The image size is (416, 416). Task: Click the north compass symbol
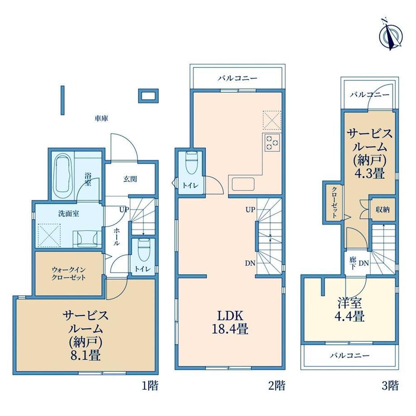tap(391, 35)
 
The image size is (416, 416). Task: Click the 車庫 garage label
tap(102, 118)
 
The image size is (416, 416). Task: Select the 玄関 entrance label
tap(130, 179)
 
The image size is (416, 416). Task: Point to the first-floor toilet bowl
tap(144, 250)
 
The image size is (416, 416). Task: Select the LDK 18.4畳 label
tap(230, 322)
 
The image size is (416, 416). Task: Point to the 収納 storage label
tap(383, 209)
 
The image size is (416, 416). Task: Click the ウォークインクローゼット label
tap(68, 274)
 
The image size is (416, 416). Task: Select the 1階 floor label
tap(150, 385)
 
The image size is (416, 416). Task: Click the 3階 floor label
tap(390, 385)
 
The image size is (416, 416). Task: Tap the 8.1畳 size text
tap(85, 355)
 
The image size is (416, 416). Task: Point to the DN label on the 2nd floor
tap(250, 264)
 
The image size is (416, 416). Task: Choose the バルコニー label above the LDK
tap(238, 78)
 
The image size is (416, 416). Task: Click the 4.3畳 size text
tap(370, 174)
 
